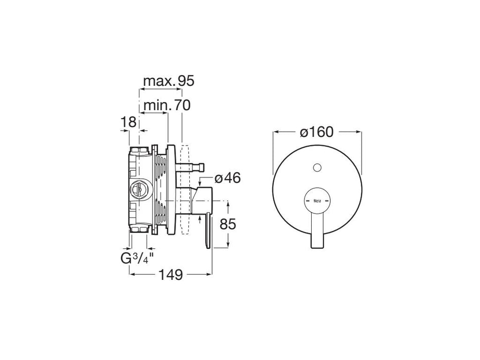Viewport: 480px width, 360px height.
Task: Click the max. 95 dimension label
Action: click(x=168, y=81)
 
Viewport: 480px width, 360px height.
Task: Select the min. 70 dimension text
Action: click(x=167, y=105)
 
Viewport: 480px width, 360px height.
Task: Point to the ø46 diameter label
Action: click(x=227, y=178)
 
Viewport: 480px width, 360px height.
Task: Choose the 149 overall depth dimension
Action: click(x=171, y=275)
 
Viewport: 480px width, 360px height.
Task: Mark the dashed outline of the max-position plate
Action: click(x=186, y=190)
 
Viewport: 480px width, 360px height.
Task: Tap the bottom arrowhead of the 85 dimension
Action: click(x=228, y=246)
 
